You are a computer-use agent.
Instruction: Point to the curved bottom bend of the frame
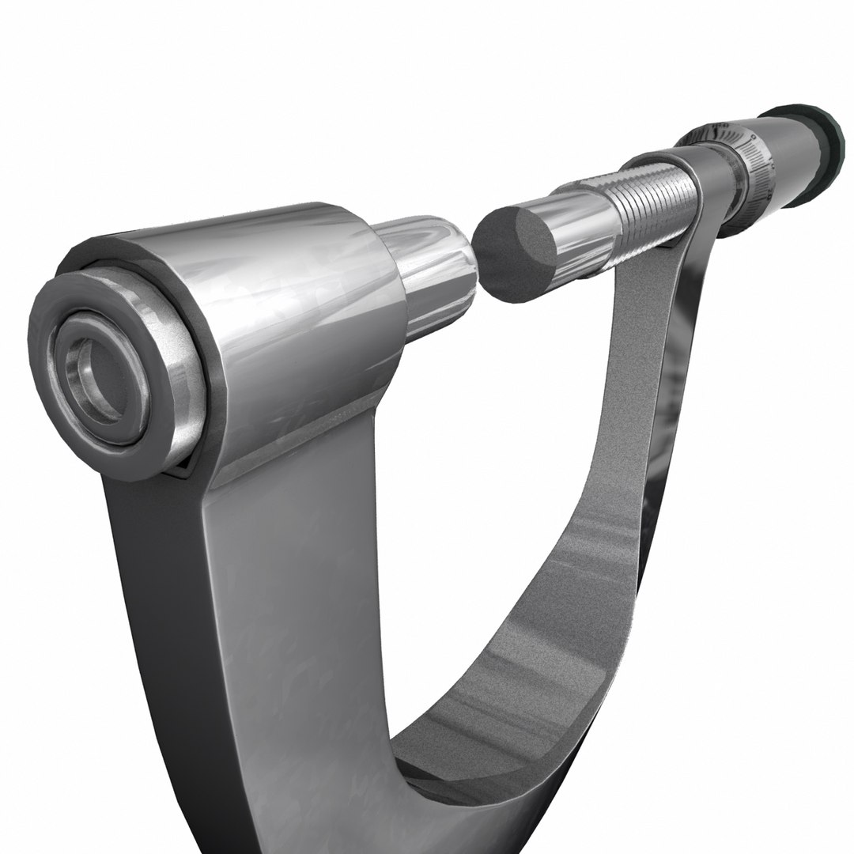tap(443, 759)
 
